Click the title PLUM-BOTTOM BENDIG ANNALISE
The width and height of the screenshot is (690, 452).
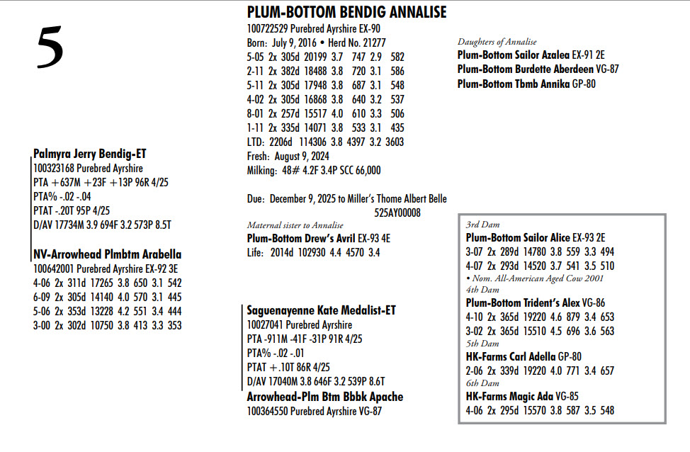point(346,12)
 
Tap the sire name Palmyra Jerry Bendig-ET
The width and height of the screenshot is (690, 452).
point(89,154)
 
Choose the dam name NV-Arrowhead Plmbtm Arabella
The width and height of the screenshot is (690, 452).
point(107,254)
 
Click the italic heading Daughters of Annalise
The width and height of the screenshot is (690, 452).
point(497,42)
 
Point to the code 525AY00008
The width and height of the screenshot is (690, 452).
point(397,212)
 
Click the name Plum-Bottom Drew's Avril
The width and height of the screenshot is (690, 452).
point(301,238)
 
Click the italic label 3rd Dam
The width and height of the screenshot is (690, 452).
point(482,225)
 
